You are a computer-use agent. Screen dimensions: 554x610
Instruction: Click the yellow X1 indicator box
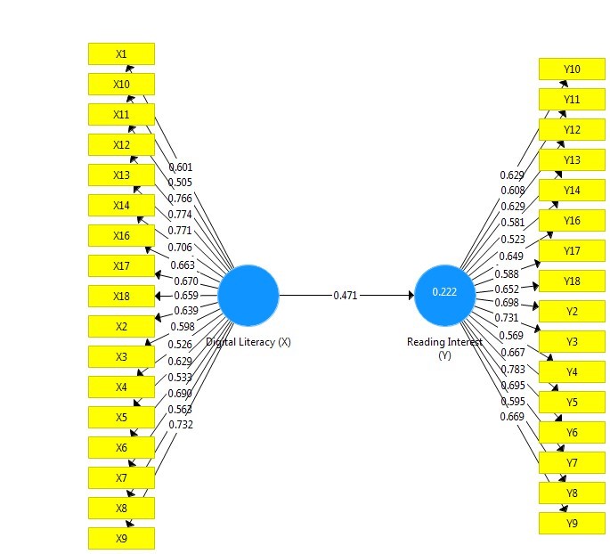[121, 53]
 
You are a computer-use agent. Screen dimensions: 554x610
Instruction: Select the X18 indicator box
[121, 296]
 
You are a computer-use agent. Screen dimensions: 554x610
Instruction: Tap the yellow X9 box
[121, 538]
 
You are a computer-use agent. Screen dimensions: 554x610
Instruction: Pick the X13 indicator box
[121, 175]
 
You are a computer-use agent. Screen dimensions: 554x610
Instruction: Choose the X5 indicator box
[121, 417]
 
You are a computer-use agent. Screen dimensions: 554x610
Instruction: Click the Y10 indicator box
[572, 69]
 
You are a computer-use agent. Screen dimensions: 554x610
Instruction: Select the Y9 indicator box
[572, 524]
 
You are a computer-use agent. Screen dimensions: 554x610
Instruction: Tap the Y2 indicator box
[572, 312]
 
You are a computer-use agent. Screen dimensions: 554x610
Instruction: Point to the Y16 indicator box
[572, 220]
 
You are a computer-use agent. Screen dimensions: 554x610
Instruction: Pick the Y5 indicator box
[572, 403]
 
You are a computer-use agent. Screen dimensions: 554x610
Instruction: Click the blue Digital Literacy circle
[248, 295]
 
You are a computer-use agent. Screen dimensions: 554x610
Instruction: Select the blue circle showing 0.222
[444, 294]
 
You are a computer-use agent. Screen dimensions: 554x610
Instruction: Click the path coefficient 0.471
[346, 295]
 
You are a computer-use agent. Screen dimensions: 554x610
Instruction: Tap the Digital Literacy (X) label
[248, 342]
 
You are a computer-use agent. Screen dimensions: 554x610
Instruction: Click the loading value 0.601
[181, 167]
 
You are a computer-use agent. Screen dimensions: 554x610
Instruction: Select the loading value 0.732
[181, 425]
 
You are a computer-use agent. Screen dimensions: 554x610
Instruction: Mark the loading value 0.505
[181, 183]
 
